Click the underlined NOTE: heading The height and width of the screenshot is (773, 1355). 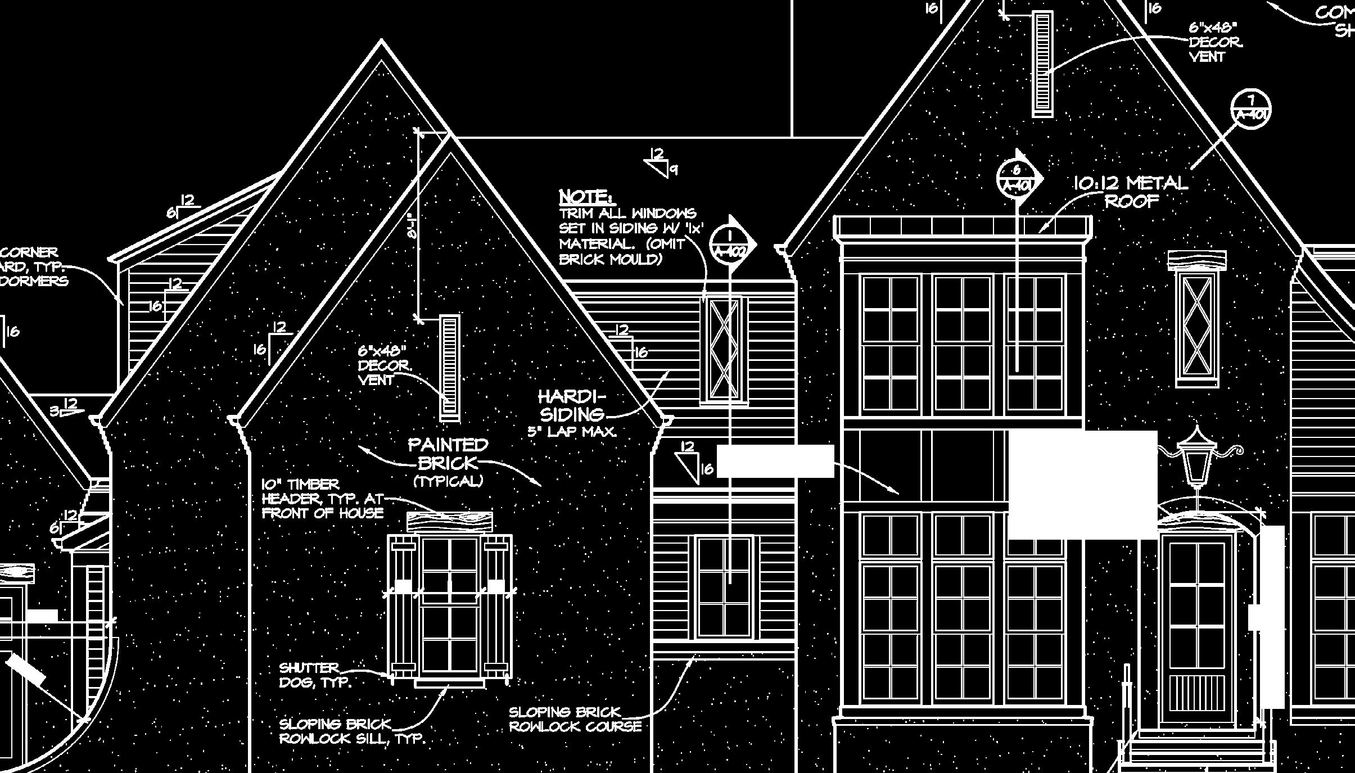pyautogui.click(x=586, y=197)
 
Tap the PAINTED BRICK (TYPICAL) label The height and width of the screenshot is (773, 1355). pyautogui.click(x=448, y=462)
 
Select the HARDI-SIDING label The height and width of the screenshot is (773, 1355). pyautogui.click(x=572, y=405)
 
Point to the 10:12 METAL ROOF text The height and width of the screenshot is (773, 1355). pyautogui.click(x=1131, y=192)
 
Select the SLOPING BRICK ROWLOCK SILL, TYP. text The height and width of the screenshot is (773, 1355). pyautogui.click(x=351, y=731)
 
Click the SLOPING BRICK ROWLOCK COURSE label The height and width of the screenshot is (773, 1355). pyautogui.click(x=575, y=720)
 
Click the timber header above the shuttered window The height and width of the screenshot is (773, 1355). pyautogui.click(x=449, y=522)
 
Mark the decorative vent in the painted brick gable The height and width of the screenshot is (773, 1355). pyautogui.click(x=449, y=368)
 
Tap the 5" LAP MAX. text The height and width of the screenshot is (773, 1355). pyautogui.click(x=572, y=432)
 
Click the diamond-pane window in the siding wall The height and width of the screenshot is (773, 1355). pyautogui.click(x=724, y=349)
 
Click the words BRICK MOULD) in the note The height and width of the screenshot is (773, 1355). pyautogui.click(x=611, y=259)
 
